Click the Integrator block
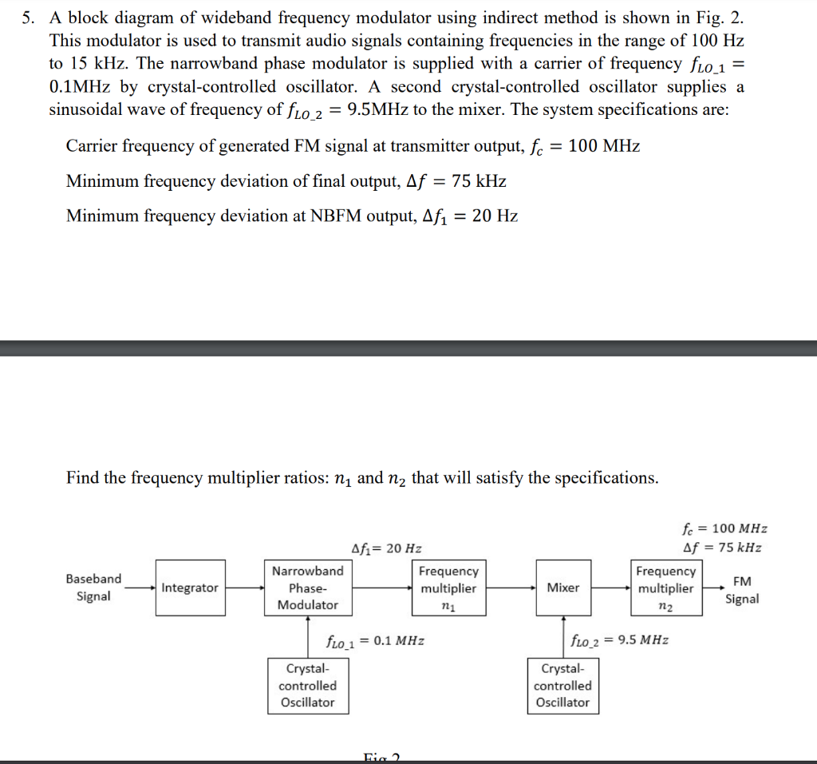click(x=190, y=588)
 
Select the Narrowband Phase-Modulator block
click(x=308, y=588)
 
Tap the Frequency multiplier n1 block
click(x=448, y=588)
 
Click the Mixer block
click(x=562, y=588)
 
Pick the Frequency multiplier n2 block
click(x=665, y=588)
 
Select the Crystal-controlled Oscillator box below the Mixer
click(x=562, y=685)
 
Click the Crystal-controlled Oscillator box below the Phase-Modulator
click(x=308, y=685)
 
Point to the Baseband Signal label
click(x=93, y=588)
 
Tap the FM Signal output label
click(x=741, y=590)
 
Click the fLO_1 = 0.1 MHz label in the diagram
click(x=375, y=640)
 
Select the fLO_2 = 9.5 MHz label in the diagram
click(x=619, y=640)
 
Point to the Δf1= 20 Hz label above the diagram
click(x=386, y=548)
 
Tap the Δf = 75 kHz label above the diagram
click(x=723, y=548)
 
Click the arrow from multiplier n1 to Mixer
click(x=511, y=588)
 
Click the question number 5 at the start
click(x=28, y=18)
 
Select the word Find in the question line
click(x=83, y=477)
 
